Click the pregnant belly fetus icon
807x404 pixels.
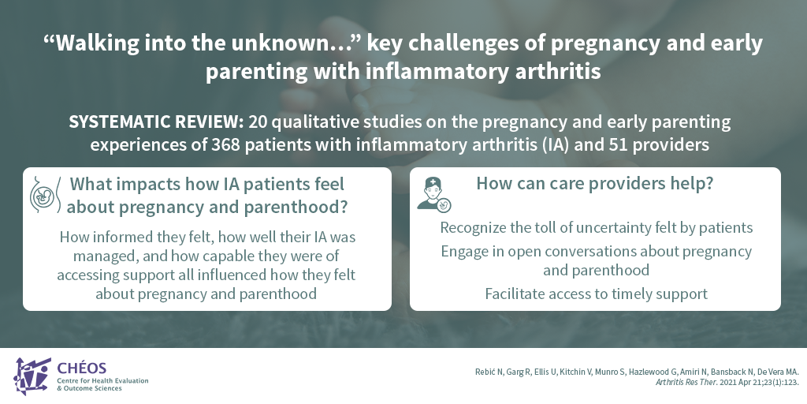coord(45,196)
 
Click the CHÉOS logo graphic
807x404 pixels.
coord(32,376)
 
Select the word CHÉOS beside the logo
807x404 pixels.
coord(82,368)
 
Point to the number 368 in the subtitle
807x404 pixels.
coord(225,145)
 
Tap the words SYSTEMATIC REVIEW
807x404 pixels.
coord(156,122)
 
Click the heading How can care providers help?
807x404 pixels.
coord(595,183)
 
